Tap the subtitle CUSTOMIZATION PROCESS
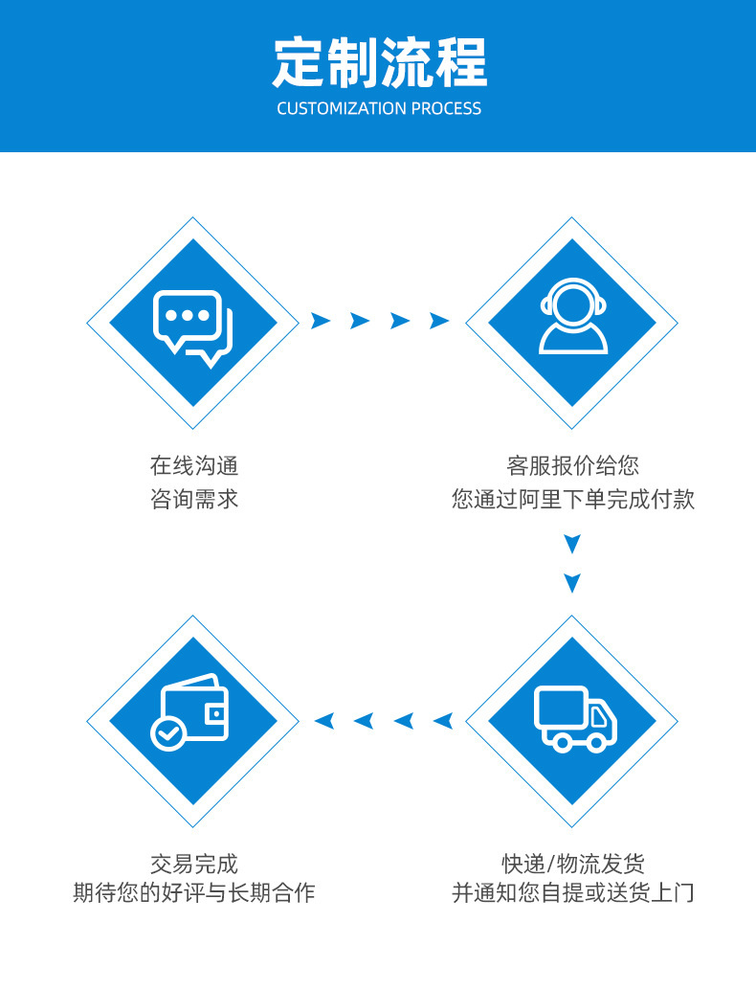pos(379,108)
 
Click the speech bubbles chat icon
pos(193,324)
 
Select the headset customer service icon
pos(572,318)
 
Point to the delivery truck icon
pos(574,718)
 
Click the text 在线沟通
pos(193,466)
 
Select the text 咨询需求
pos(193,499)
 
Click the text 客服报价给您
pos(572,466)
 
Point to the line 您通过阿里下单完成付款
pos(572,499)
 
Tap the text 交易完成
pos(193,864)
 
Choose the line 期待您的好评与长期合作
pos(193,893)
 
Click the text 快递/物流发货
pos(572,864)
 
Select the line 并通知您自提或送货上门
pos(572,893)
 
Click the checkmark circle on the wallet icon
pos(167,734)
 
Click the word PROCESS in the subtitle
pos(447,108)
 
